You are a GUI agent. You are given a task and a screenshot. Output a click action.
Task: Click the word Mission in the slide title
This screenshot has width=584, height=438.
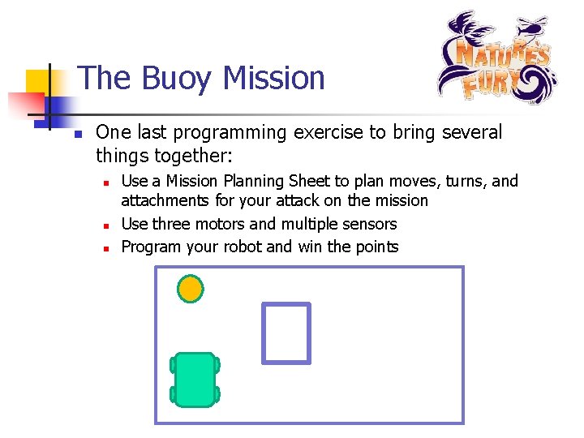(x=273, y=79)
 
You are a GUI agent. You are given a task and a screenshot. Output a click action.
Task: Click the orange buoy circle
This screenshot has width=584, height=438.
(x=191, y=289)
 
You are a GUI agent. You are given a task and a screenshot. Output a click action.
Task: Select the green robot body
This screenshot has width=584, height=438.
(x=195, y=379)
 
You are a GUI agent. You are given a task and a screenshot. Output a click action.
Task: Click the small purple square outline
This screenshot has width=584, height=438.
(x=286, y=333)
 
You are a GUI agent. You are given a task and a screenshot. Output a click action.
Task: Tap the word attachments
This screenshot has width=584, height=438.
(x=166, y=200)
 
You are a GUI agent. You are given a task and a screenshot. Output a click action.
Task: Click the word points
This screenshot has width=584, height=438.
(x=375, y=247)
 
